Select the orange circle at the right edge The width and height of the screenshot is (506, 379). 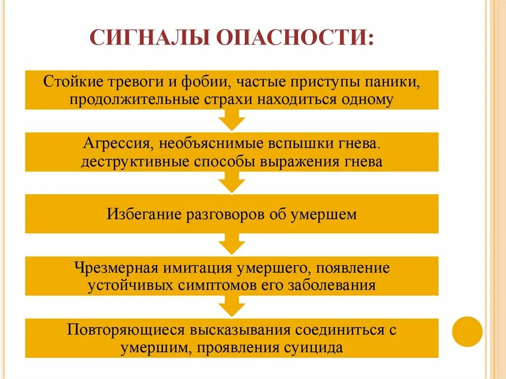(467, 331)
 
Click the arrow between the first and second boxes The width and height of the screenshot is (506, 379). (232, 121)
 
